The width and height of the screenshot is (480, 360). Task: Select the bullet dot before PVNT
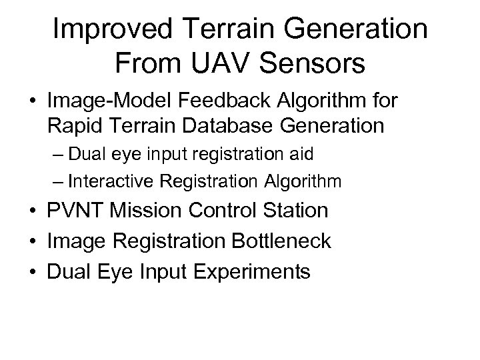coord(32,211)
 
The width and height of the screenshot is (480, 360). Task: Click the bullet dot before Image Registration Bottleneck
coord(32,241)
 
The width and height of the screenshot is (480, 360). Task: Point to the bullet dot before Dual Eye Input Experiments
coord(32,271)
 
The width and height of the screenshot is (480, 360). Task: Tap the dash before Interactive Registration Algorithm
coord(57,181)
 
